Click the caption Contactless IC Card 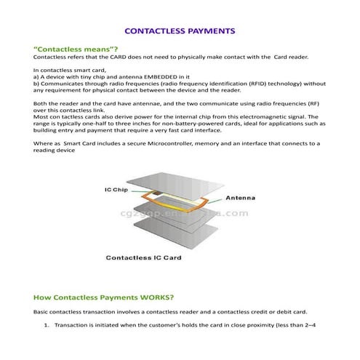point(144,257)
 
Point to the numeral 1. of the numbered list point(47,324)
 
